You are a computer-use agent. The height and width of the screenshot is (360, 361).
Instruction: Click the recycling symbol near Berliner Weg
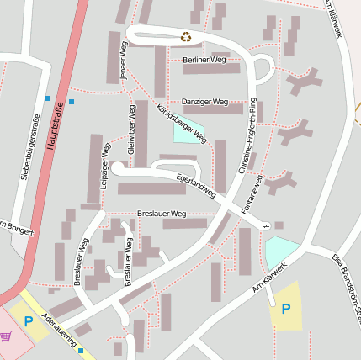point(186,36)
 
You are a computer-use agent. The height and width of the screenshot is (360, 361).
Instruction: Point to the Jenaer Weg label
point(123,63)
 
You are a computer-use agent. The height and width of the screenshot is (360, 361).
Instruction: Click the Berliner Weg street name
point(204,61)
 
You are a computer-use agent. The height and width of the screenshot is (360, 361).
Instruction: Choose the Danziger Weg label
point(205,102)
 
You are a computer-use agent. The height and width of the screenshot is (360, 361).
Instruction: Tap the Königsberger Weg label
point(182,122)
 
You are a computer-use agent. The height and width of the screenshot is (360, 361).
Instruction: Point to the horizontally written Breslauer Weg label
point(161,214)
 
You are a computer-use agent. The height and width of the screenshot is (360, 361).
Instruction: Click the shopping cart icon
point(7,336)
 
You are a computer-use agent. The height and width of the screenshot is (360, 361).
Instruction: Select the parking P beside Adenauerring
point(29,320)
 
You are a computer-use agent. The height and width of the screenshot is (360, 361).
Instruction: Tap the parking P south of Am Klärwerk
point(285,309)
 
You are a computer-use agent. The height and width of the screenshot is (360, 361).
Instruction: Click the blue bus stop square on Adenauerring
point(81,351)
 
